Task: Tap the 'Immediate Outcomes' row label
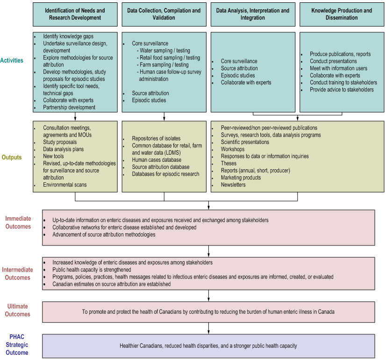pos(18,223)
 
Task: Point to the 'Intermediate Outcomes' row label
pos(18,274)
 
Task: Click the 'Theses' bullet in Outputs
pos(229,164)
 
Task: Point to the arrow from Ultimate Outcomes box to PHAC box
pos(208,328)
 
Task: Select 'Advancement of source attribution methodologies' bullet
pos(104,235)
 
